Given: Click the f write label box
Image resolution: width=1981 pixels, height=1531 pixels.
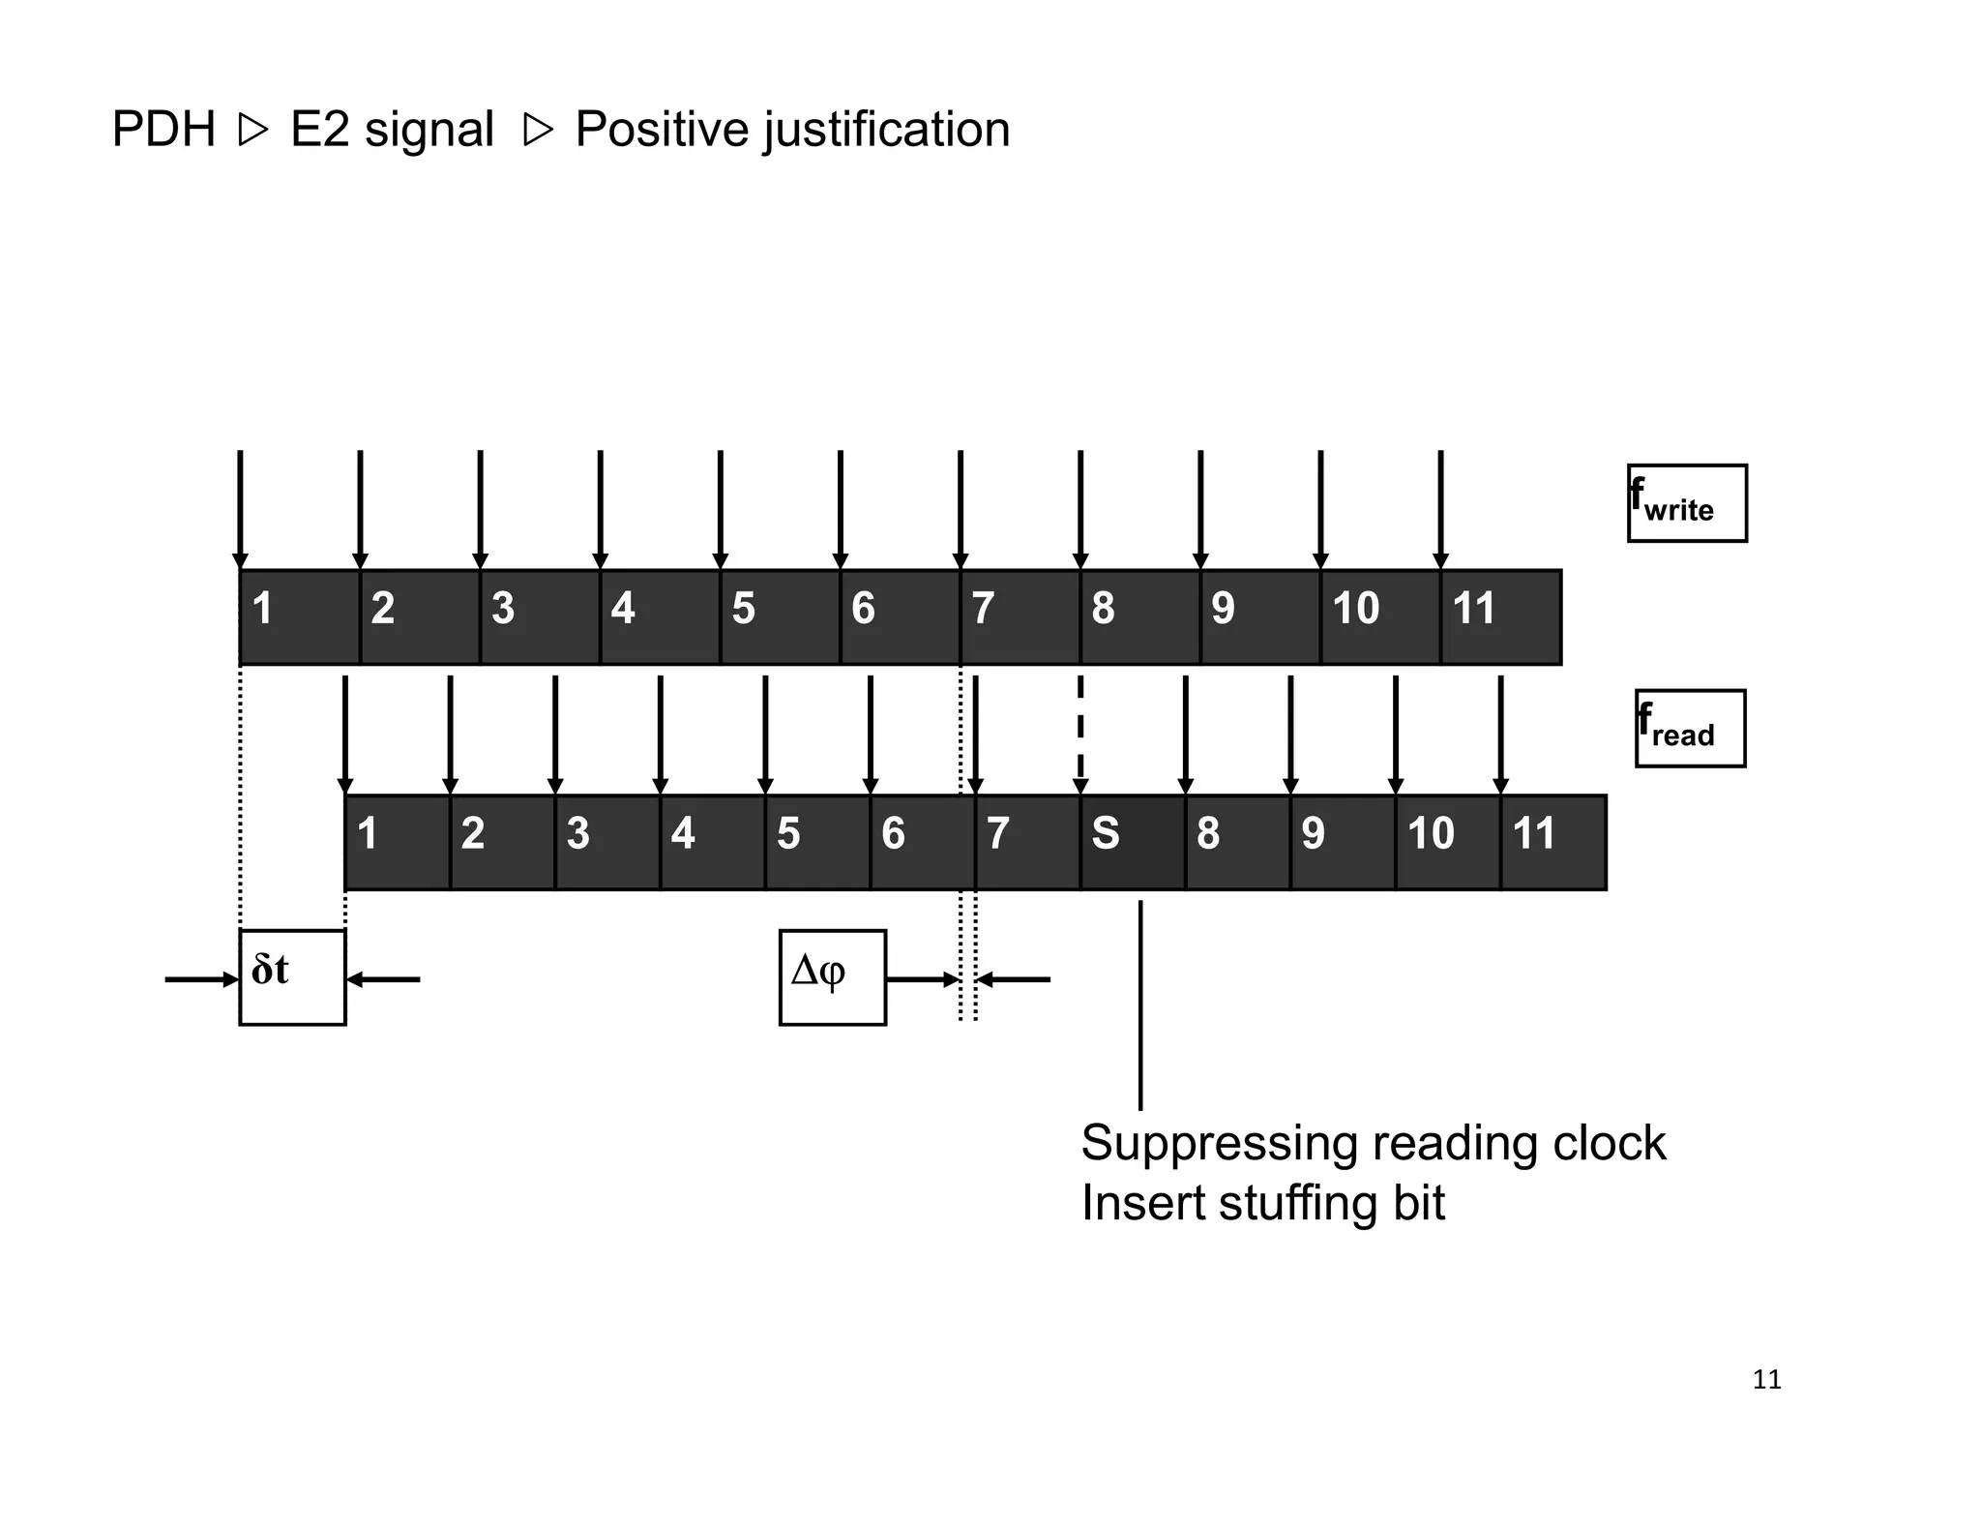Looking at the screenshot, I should pos(1686,503).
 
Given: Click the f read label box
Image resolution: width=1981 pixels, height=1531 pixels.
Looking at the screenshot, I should pos(1690,728).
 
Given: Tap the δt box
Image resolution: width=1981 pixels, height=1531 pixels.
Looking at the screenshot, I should pos(292,976).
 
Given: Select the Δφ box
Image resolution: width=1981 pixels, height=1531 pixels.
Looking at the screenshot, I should pos(832,976).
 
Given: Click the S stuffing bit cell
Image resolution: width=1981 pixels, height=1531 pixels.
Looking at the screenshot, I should pos(1133,842).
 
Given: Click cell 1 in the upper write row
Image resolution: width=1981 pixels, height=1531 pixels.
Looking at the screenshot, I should pos(300,616).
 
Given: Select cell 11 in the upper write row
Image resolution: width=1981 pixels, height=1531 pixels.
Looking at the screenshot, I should pos(1499,616).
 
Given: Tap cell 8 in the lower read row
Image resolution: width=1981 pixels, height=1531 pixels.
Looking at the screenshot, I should pos(1237,842).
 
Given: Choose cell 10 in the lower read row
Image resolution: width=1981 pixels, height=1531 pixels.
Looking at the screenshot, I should pos(1447,842).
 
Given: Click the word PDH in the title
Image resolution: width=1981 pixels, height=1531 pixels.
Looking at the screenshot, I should pos(163,130).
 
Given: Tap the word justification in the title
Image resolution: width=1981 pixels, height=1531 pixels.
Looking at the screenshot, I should pos(887,130).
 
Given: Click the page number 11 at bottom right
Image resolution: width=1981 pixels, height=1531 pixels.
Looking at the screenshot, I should pos(1766,1379).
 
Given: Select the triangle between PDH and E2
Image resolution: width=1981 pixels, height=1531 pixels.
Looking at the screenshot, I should pos(252,131).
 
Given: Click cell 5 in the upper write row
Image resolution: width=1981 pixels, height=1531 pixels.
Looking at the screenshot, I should pos(780,616).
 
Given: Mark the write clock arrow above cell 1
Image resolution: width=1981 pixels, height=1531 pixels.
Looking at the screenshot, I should pos(240,508).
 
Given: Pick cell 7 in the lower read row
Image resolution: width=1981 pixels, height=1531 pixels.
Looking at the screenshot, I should pos(1027,842).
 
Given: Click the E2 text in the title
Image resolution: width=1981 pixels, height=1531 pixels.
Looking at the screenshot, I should pos(319,130).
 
